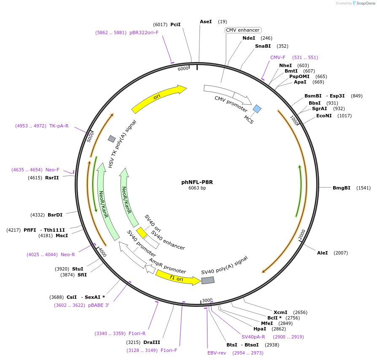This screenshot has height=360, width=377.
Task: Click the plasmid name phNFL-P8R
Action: point(197,182)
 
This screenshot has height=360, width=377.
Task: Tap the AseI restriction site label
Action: point(206,22)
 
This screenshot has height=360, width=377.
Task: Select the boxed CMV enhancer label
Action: point(243,30)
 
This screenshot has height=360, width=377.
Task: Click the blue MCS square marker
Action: point(257,109)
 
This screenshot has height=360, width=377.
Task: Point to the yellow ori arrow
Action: point(159,98)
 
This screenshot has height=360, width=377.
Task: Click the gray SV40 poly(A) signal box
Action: point(207,280)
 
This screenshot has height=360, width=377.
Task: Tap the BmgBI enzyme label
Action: point(341,187)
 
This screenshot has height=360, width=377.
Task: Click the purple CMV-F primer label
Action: point(278,57)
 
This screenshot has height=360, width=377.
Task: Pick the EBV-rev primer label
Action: point(217,352)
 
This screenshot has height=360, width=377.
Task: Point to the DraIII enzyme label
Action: point(152,342)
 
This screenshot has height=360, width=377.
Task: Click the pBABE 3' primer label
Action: point(98,305)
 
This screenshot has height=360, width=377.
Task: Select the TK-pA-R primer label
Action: point(59,126)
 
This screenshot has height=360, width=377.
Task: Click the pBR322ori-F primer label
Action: point(144,32)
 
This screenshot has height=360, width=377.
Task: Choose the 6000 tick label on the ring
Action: point(183,69)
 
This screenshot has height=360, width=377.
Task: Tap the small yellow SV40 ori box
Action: point(141,232)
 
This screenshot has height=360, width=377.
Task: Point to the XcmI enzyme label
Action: point(280,312)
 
